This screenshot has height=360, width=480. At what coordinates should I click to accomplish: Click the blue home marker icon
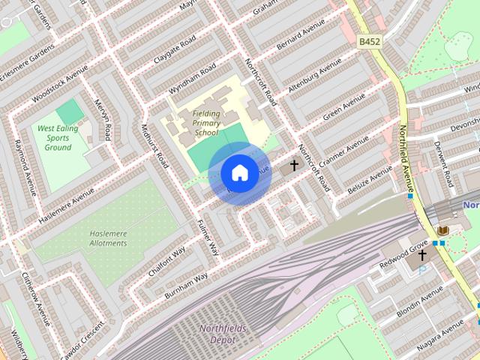click(x=239, y=173)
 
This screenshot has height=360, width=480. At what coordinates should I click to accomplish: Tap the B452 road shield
click(x=369, y=42)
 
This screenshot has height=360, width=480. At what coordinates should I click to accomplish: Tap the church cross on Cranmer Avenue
click(x=294, y=165)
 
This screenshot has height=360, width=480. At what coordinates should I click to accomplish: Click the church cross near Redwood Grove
click(x=422, y=256)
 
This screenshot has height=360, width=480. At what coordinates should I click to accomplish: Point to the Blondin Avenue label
click(x=424, y=298)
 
